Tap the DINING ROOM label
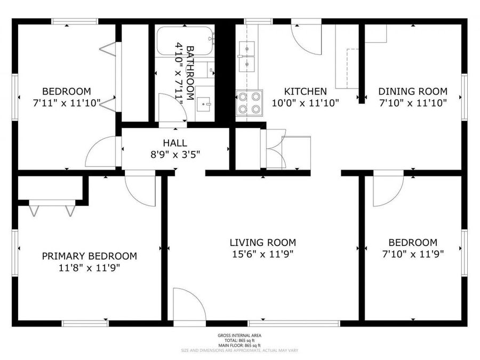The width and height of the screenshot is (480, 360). [x=413, y=91]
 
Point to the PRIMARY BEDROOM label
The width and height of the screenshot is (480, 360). [x=89, y=256]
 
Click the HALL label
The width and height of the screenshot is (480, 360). [x=175, y=143]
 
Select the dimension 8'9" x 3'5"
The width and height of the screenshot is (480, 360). [x=175, y=155]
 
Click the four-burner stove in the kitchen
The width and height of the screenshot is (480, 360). [x=250, y=102]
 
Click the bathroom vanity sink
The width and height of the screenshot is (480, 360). [x=204, y=103]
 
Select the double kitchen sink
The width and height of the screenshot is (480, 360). [x=247, y=56]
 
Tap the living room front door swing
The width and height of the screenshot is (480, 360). [x=188, y=306]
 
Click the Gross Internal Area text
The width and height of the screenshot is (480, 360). [x=239, y=335]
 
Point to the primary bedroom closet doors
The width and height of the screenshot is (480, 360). [x=52, y=208]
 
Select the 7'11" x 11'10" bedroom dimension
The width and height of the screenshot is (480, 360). [x=67, y=103]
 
